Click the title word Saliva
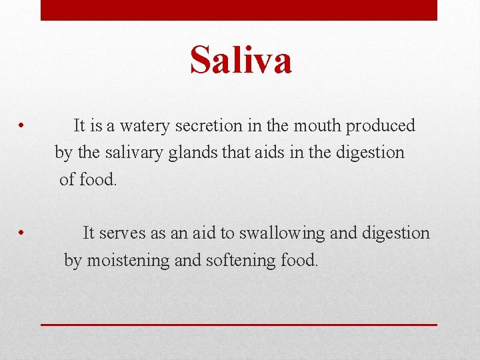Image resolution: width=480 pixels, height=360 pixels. [x=241, y=60]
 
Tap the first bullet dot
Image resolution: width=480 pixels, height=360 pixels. [x=22, y=125]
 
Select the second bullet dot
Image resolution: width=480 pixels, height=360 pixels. [x=22, y=233]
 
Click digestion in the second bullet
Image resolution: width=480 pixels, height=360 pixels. [x=396, y=234]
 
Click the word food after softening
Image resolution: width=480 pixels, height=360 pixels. [x=299, y=260]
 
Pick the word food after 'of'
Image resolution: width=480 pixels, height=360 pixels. [x=98, y=179]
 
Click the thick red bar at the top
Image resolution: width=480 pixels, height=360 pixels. [x=239, y=10]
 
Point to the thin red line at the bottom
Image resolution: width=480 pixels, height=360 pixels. [x=239, y=325]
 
